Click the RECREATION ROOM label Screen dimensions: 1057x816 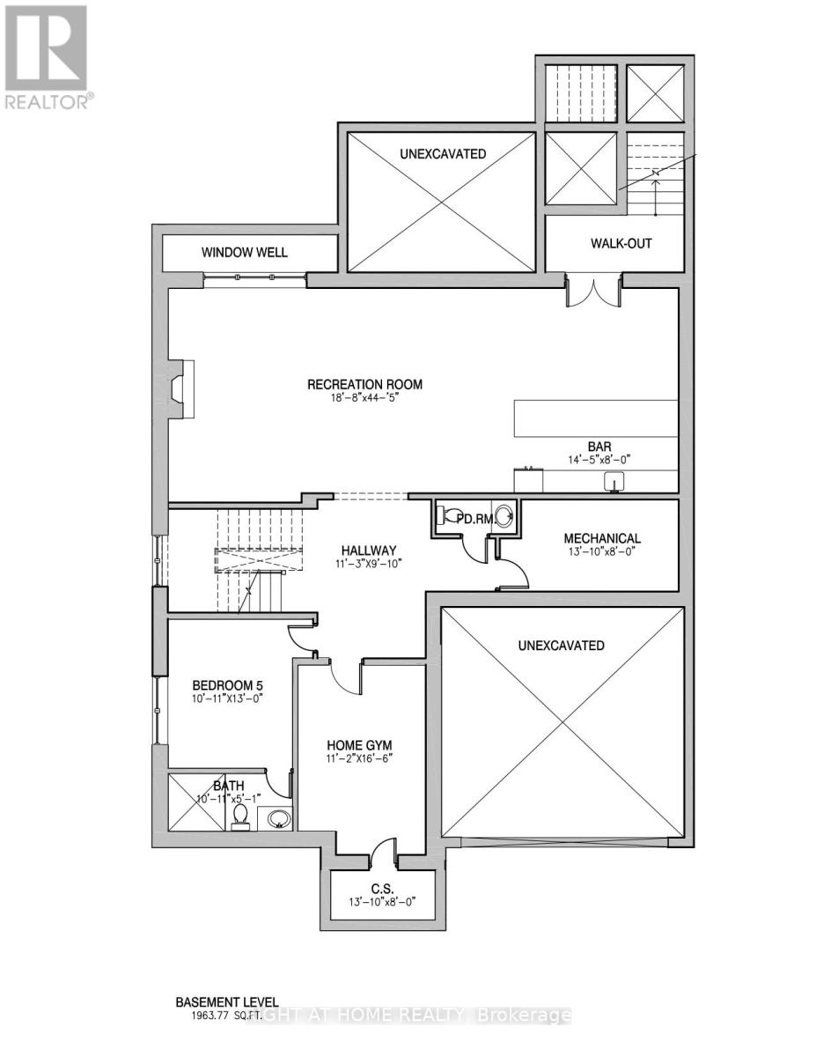(364, 384)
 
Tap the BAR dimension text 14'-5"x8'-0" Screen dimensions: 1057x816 (600, 459)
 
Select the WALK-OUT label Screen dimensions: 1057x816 (621, 243)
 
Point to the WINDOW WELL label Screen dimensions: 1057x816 (244, 253)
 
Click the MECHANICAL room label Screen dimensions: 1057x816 (602, 538)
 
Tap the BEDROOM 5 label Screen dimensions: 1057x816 (228, 685)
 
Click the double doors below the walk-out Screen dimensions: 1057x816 (594, 292)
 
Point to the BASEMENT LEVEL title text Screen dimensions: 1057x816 (226, 1002)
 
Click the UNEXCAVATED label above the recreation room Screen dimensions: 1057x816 (442, 154)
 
